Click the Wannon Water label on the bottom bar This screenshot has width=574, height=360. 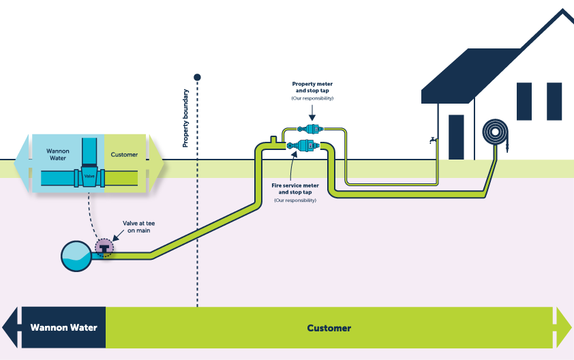[x=63, y=327]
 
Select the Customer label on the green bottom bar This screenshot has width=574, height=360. [x=329, y=328]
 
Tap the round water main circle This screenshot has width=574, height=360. [x=76, y=255]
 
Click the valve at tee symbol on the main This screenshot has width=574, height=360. [x=104, y=249]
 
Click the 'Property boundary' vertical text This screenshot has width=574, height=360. [x=185, y=118]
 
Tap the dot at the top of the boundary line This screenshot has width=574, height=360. [x=197, y=78]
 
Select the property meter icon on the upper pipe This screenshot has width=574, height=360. [x=309, y=128]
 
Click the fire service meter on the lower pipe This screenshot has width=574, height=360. [x=303, y=145]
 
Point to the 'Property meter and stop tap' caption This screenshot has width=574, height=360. [x=312, y=91]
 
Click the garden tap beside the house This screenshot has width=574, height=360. [x=433, y=140]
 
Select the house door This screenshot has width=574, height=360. [x=456, y=136]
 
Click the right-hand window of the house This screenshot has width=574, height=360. [x=554, y=101]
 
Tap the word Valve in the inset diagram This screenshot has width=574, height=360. [x=89, y=176]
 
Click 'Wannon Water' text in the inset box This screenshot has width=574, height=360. [x=58, y=154]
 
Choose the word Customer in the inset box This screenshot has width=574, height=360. [x=124, y=155]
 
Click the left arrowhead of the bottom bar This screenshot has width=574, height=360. [x=10, y=327]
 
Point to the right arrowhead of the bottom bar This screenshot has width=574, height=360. [x=564, y=327]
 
